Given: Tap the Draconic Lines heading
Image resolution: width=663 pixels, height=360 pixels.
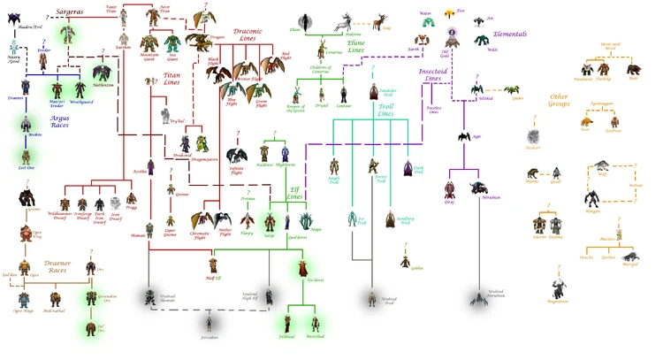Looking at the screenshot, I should (x=254, y=34).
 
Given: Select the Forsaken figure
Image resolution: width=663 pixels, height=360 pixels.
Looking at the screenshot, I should (x=209, y=326).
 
